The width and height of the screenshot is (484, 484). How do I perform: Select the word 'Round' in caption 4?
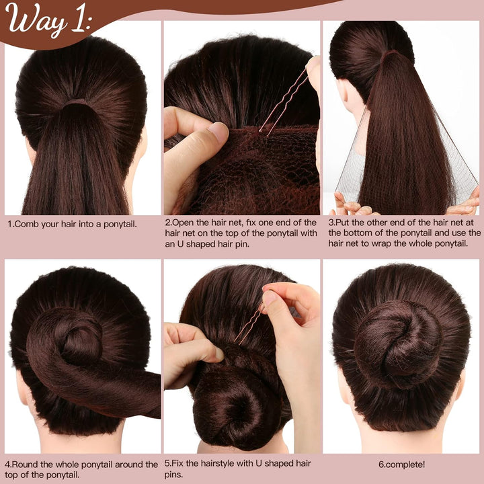27,464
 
